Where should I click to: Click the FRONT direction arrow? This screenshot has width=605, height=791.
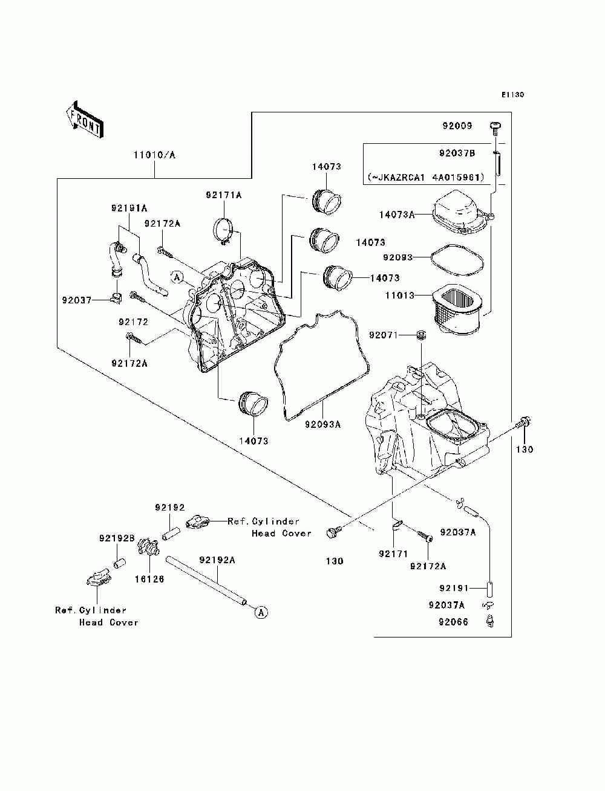(x=85, y=118)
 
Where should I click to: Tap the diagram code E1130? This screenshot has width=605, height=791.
(x=512, y=95)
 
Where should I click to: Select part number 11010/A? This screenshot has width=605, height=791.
(x=154, y=155)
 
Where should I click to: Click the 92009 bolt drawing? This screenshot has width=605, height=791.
(x=495, y=128)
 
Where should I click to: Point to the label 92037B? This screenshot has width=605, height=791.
(x=457, y=153)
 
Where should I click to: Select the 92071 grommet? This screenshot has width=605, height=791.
(x=420, y=335)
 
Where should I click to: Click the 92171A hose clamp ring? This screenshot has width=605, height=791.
(x=224, y=231)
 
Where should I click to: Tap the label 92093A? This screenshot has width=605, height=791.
(x=322, y=425)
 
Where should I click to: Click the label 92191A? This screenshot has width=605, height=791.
(x=129, y=208)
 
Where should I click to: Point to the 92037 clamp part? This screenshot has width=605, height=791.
(x=116, y=299)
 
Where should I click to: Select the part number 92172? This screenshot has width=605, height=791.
(x=134, y=322)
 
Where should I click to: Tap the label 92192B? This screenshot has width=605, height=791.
(x=117, y=538)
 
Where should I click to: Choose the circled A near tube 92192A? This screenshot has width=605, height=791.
(x=261, y=612)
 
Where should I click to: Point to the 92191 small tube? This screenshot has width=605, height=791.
(x=490, y=589)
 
